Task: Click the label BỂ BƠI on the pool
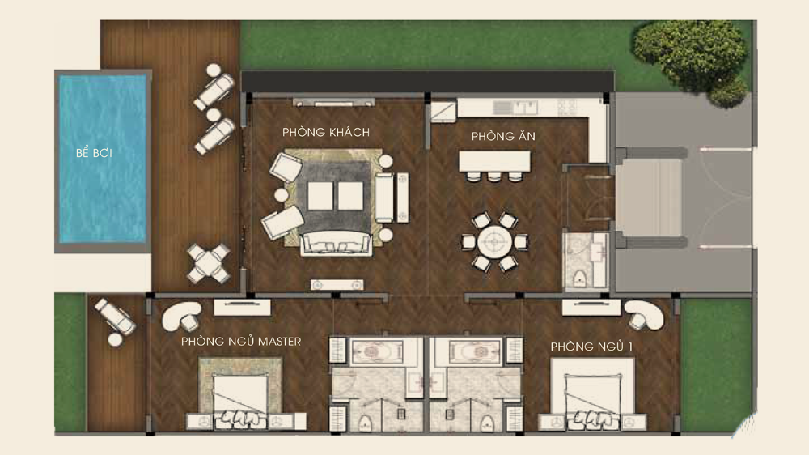(94, 152)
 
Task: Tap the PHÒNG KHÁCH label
(325, 132)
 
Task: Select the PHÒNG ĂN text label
(503, 136)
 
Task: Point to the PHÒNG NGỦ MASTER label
(241, 341)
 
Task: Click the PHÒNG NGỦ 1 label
(591, 346)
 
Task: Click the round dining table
(495, 242)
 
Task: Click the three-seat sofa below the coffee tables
(336, 243)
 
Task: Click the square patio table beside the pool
(208, 263)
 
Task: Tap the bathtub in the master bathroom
(377, 351)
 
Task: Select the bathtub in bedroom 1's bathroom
(475, 351)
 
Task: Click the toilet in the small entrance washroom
(579, 279)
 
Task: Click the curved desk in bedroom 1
(645, 313)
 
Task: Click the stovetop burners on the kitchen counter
(566, 108)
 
